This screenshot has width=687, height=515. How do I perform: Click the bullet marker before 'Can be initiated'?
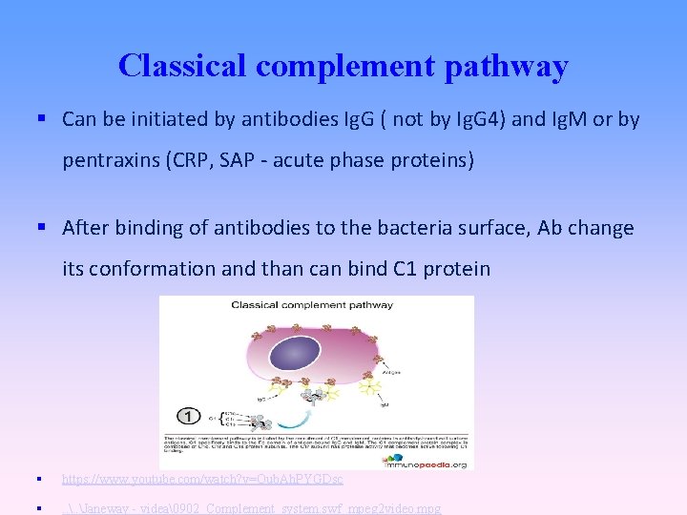point(42,119)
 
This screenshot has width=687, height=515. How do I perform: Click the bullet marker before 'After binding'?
point(42,228)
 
